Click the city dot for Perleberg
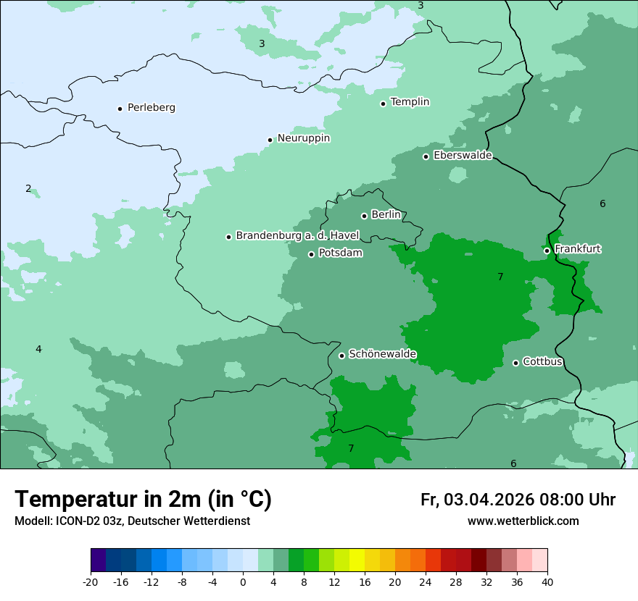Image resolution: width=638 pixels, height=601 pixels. (120, 109)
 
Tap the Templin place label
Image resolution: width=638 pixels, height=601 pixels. (410, 102)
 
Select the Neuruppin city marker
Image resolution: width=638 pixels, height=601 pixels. (270, 140)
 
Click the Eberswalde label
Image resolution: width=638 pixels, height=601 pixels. (463, 156)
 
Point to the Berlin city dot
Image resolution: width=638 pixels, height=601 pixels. (364, 216)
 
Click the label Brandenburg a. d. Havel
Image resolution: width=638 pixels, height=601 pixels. (297, 236)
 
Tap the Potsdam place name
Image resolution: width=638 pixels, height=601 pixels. (340, 253)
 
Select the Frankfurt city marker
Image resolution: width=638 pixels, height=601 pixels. (547, 251)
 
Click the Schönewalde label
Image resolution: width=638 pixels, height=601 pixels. (382, 354)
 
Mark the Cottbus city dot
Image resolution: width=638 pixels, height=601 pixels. (515, 363)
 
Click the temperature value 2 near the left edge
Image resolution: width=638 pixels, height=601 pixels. (28, 189)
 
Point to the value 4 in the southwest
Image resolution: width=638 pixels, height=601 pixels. (38, 350)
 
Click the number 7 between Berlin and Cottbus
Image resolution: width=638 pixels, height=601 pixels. (500, 277)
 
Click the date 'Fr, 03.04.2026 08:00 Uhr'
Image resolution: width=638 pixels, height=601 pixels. (518, 500)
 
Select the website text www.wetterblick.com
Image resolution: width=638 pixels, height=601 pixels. (523, 521)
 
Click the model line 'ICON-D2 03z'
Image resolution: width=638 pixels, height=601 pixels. (132, 521)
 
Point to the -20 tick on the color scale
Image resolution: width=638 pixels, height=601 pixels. (91, 582)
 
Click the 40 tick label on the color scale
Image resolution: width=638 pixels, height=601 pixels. (547, 582)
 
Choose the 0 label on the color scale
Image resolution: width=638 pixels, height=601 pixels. (243, 582)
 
